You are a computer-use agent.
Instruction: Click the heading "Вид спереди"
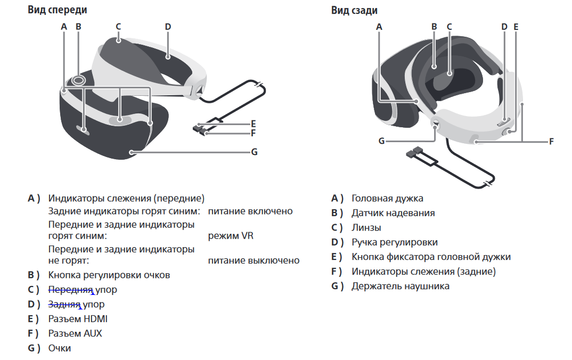(x=58, y=10)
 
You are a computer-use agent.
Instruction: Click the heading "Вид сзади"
(x=354, y=10)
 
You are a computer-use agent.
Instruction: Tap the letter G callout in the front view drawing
(x=255, y=152)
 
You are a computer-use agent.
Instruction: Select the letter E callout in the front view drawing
(x=254, y=124)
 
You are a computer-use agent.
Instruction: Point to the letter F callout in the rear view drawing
(x=551, y=141)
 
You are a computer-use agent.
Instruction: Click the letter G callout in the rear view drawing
(x=381, y=141)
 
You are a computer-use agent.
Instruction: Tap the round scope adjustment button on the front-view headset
(x=78, y=79)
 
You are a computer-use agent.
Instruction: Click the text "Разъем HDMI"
(x=78, y=319)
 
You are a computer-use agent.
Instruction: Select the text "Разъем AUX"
(x=75, y=333)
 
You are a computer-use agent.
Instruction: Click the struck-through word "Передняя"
(x=70, y=290)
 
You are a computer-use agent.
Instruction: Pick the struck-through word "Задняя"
(x=64, y=304)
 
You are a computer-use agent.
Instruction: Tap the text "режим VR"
(x=231, y=235)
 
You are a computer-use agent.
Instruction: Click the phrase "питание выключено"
(x=254, y=260)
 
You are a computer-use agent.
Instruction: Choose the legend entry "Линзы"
(x=366, y=227)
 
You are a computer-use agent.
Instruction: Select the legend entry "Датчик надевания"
(x=393, y=213)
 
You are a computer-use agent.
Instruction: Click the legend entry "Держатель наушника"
(x=401, y=286)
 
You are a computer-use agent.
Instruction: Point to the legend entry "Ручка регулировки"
(x=395, y=242)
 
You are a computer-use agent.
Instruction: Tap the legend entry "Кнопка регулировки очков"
(x=109, y=275)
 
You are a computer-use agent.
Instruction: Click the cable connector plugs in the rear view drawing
(x=414, y=152)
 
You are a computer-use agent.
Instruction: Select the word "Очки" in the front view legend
(x=60, y=348)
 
